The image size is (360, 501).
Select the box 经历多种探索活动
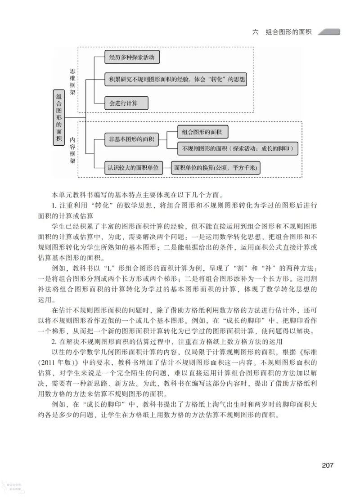pos(132,57)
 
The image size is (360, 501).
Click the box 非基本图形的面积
pos(130,139)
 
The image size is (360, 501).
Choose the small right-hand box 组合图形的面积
pos(202,132)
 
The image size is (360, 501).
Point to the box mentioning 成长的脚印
pos(238,148)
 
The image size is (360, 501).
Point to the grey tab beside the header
pos(329,32)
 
